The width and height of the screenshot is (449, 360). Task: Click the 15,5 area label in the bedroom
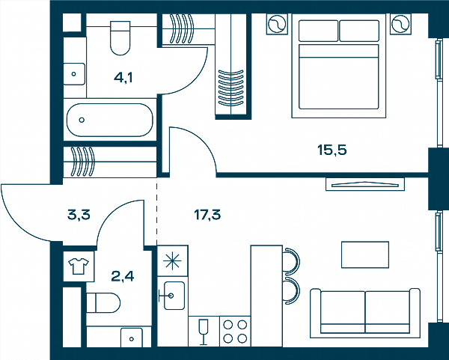click(x=332, y=150)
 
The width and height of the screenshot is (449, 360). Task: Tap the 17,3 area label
click(x=207, y=215)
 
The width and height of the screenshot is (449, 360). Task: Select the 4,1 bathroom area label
click(x=123, y=78)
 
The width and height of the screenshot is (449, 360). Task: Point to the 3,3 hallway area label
click(x=79, y=215)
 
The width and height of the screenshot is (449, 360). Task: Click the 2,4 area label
click(x=123, y=276)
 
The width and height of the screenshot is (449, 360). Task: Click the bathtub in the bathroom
click(x=110, y=120)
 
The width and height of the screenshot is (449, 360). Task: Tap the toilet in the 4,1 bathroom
click(x=120, y=38)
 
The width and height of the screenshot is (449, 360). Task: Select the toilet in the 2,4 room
click(x=103, y=302)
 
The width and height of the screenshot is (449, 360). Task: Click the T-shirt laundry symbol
click(x=79, y=266)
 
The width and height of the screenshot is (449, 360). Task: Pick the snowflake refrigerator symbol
click(x=172, y=261)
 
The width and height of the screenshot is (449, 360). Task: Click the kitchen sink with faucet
click(x=173, y=296)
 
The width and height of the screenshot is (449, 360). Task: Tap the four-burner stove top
click(x=235, y=332)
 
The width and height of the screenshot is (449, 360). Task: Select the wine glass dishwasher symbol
click(x=204, y=332)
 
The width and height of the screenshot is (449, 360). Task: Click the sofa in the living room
click(x=365, y=314)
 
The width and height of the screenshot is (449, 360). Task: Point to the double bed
click(x=339, y=66)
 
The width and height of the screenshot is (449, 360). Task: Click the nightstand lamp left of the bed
click(x=277, y=24)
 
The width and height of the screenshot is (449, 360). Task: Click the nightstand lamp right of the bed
click(x=400, y=24)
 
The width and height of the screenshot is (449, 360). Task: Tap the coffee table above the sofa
click(x=365, y=254)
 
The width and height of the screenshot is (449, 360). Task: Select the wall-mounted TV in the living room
click(x=365, y=184)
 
